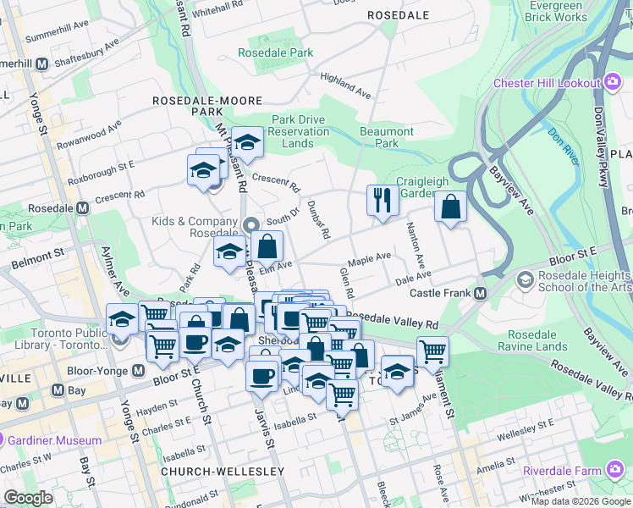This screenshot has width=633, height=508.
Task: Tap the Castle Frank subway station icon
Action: (480, 293)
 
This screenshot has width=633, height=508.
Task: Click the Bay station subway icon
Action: (58, 390)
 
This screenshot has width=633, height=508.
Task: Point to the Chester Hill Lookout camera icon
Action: (613, 82)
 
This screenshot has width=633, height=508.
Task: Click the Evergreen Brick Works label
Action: (555, 11)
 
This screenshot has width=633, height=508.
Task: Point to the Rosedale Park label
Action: (275, 52)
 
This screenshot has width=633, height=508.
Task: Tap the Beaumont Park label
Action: (387, 137)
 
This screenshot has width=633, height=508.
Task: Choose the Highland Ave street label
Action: (345, 86)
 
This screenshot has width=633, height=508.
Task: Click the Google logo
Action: (28, 498)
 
